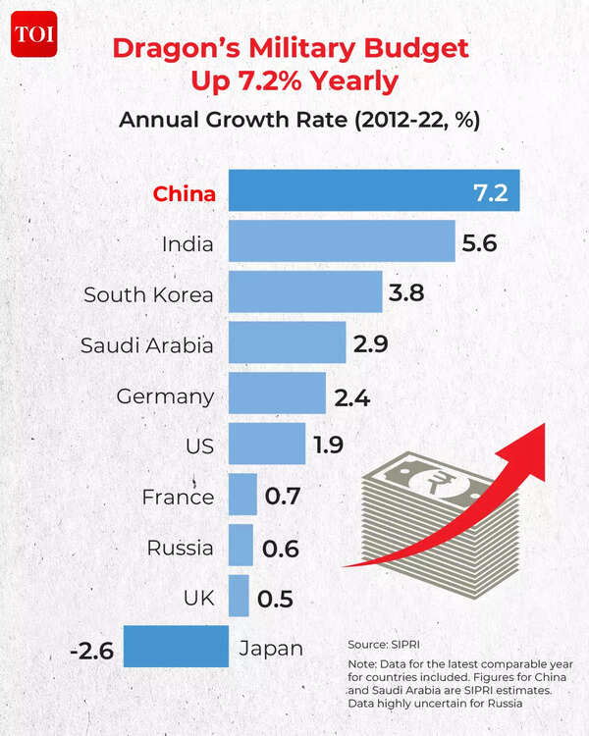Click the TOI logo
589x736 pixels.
tap(34, 35)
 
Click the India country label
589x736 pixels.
tap(188, 243)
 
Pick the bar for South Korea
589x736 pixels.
tap(304, 292)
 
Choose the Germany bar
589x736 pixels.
tap(277, 394)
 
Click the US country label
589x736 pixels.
tap(200, 447)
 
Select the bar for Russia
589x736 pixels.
tap(241, 547)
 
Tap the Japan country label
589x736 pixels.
tap(271, 649)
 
